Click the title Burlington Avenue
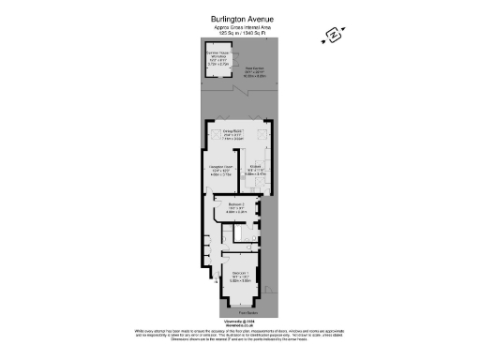point(239,16)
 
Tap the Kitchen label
point(256,171)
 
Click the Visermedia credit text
point(239,321)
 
